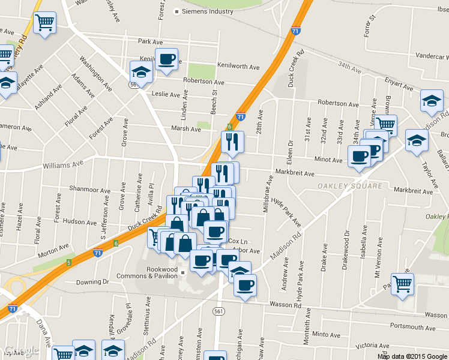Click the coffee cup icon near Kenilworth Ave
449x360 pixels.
pos(166,59)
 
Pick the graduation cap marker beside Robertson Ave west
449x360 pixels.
pos(141,73)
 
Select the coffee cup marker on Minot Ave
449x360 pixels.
pos(360,157)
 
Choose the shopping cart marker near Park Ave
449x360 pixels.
pos(45,23)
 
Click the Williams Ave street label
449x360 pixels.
pos(62,164)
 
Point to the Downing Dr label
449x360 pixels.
pos(92,281)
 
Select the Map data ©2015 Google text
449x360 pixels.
pos(412,356)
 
